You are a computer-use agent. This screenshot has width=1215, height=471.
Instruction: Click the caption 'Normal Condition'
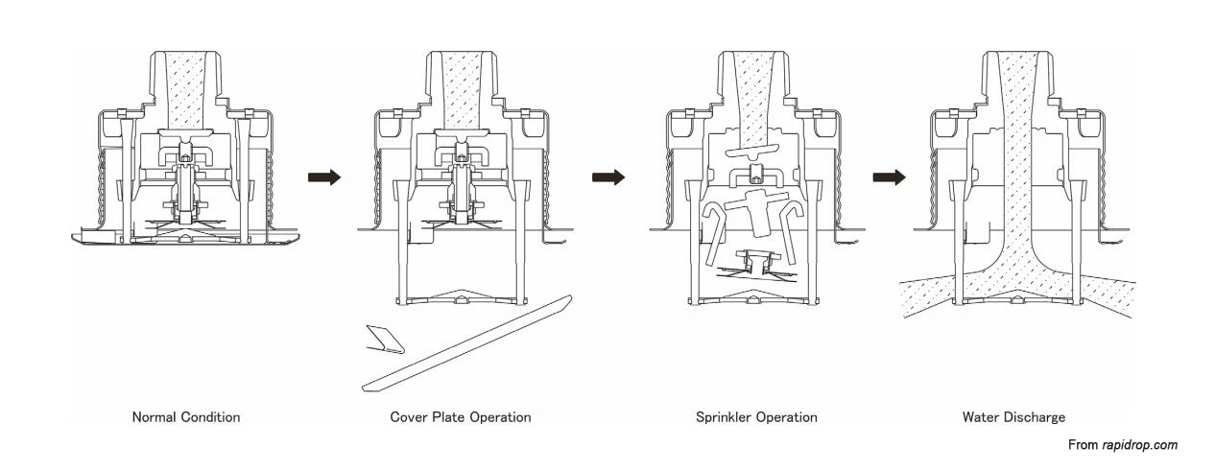(x=186, y=417)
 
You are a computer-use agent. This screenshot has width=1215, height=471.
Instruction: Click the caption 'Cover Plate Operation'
(x=461, y=417)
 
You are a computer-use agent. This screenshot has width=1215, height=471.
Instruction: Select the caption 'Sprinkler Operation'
(x=756, y=417)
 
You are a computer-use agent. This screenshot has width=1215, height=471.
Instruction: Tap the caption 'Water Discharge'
(x=1013, y=417)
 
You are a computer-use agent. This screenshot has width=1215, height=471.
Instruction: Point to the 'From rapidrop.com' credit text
(x=1122, y=445)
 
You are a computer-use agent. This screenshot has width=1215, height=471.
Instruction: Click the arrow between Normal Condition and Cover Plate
(x=324, y=177)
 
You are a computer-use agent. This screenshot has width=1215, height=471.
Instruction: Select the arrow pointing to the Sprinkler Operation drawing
(x=607, y=177)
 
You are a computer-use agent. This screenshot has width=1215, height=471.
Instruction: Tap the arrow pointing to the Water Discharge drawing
(x=889, y=177)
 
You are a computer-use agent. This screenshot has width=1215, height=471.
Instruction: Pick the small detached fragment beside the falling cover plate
(x=385, y=339)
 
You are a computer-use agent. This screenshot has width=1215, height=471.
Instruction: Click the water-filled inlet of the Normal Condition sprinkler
(x=186, y=91)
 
